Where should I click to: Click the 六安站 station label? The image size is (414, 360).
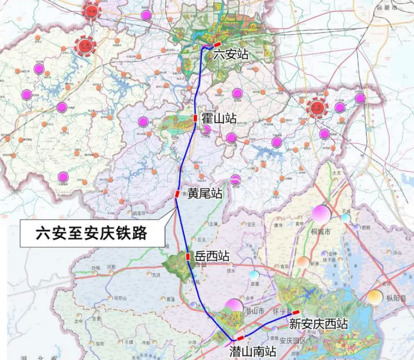click(231, 54)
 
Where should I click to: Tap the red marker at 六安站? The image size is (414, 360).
click(217, 45)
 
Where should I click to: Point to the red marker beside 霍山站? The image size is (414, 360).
click(195, 118)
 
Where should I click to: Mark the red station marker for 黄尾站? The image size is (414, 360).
click(177, 193)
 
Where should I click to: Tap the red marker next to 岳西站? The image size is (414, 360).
click(188, 256)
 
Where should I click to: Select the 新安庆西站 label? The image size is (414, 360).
click(319, 323)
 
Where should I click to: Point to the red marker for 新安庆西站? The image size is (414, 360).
click(296, 312)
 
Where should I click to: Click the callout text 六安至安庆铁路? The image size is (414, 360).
click(91, 233)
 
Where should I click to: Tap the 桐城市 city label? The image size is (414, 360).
click(321, 232)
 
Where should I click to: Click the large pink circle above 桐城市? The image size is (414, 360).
click(321, 214)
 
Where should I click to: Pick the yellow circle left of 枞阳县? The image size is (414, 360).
click(375, 297)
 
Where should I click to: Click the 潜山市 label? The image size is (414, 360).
click(256, 310)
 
